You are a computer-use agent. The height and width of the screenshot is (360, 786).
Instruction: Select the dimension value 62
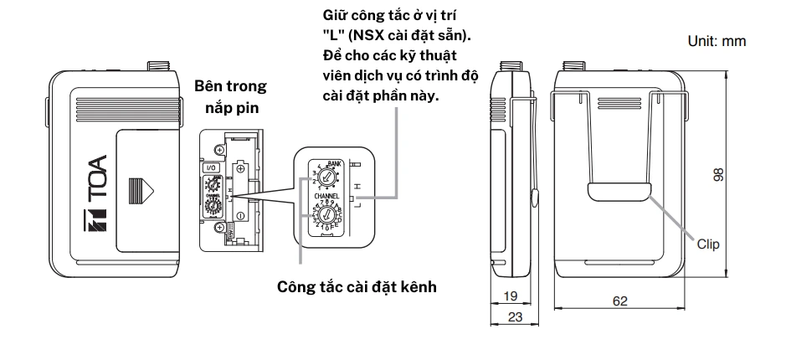pos(619,301)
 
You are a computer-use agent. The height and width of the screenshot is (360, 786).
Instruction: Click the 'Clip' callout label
pos(709,243)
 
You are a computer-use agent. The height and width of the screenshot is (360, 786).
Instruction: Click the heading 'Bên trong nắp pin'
pos(229,97)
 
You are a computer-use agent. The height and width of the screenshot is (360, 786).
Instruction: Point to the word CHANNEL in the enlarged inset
pos(329,198)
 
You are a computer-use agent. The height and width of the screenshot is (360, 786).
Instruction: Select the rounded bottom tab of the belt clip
pos(619,193)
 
